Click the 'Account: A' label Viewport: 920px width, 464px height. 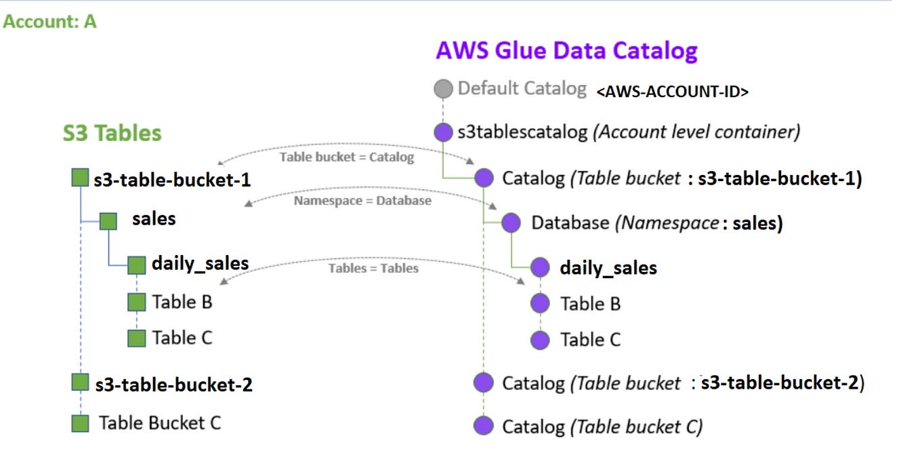tap(49, 22)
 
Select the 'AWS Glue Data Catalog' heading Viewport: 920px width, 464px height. tap(566, 51)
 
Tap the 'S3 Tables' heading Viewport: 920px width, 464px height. tap(112, 133)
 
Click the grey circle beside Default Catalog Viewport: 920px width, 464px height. tap(442, 89)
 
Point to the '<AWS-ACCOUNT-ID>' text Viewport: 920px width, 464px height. tap(672, 92)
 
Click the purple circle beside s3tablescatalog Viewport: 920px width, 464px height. tap(442, 132)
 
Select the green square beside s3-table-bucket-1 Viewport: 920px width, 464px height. tap(81, 178)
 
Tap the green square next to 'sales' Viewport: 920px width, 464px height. tap(108, 220)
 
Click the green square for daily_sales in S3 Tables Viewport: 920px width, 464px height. tap(137, 265)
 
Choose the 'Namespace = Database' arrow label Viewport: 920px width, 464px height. tap(362, 201)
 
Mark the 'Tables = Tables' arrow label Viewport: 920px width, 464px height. tap(373, 268)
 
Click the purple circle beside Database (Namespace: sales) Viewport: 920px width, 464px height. tap(511, 223)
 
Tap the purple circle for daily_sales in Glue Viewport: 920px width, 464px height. tap(540, 267)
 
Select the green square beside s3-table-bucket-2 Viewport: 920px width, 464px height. tap(81, 383)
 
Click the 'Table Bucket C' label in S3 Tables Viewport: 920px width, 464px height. tap(160, 423)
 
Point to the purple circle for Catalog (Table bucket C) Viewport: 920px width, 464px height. tap(483, 426)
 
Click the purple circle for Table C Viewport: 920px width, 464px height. tap(540, 340)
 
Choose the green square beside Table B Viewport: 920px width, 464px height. tap(137, 302)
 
